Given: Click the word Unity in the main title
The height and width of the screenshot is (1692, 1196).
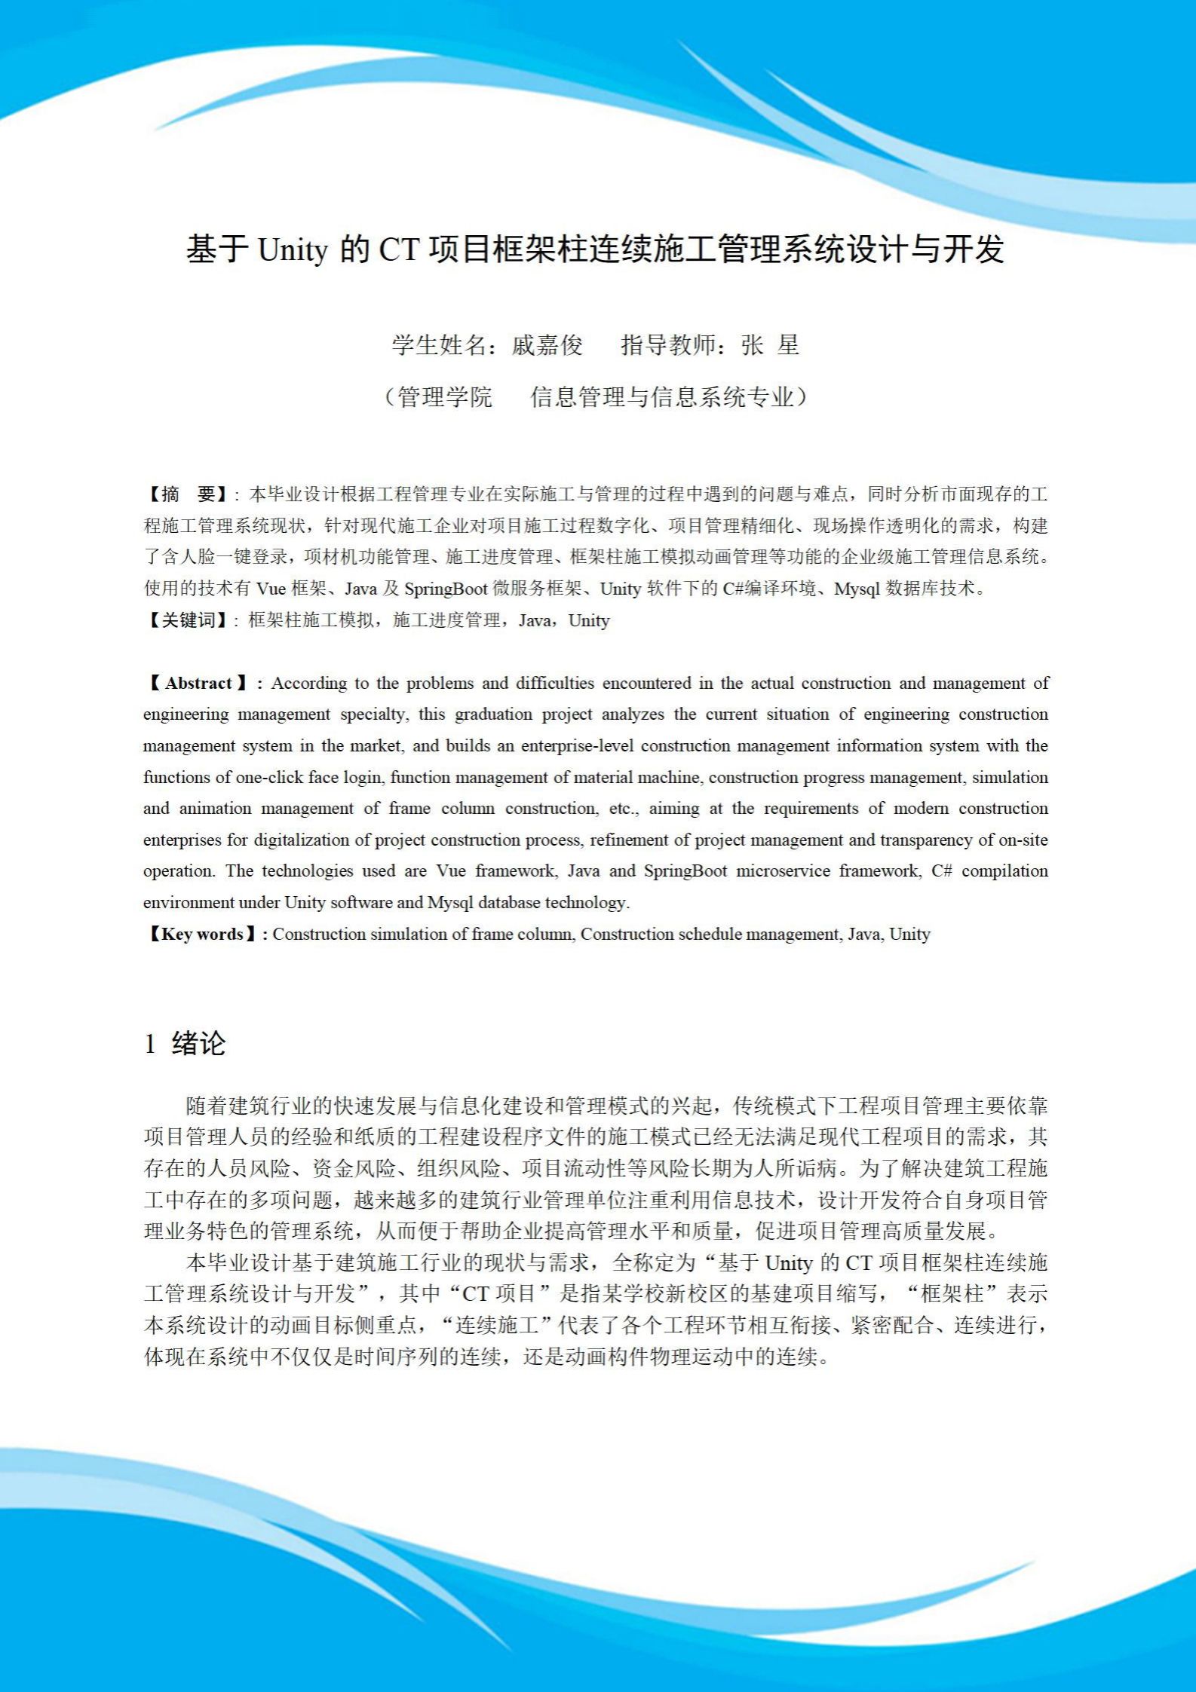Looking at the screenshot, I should point(293,250).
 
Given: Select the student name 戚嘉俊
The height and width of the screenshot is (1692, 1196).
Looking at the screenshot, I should point(547,345).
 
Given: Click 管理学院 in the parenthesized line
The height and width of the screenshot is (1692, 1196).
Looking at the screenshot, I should point(444,396).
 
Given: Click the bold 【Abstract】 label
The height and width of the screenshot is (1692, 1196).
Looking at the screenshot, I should point(198,684).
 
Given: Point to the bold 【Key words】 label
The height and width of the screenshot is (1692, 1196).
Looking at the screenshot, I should point(201,935).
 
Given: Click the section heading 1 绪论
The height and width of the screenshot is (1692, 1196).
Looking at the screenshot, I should point(185,1044).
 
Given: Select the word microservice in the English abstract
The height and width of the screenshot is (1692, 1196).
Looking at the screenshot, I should point(783,871).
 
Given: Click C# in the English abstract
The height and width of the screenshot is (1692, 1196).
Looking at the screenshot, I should point(942,871).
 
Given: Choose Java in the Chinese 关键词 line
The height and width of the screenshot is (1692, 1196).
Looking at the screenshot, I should point(535,620).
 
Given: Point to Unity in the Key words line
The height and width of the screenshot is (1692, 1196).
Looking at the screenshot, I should point(909,935).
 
